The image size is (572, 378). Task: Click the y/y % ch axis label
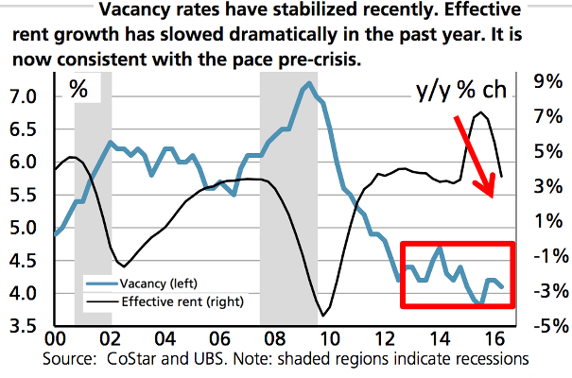coord(460,91)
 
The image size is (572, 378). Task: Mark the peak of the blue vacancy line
coord(309,84)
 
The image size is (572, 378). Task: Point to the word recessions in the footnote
coord(487,359)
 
